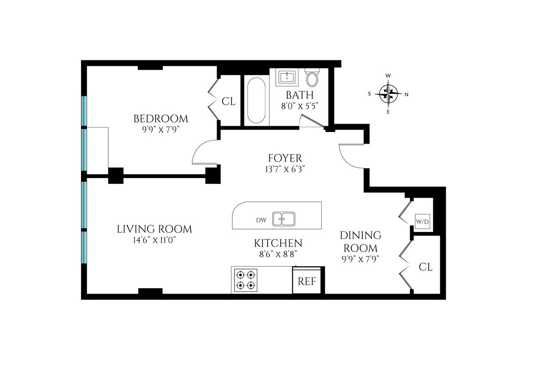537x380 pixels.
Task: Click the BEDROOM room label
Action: (161, 119)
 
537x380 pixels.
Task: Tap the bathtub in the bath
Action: (256, 100)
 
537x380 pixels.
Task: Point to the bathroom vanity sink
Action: (287, 77)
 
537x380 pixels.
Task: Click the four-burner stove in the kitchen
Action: (246, 280)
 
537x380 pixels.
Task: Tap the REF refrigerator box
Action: (307, 281)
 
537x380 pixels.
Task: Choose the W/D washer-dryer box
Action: (422, 222)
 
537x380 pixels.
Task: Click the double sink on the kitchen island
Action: (284, 219)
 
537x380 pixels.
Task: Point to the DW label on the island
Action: (261, 220)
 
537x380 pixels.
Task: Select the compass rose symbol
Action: (388, 94)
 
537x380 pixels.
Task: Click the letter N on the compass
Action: (407, 95)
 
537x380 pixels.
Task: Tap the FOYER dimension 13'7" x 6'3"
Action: (285, 169)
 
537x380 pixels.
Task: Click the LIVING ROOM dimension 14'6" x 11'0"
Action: (154, 240)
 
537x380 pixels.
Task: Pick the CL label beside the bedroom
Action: (229, 102)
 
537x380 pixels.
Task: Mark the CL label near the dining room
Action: (426, 267)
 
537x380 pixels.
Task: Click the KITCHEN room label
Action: (278, 243)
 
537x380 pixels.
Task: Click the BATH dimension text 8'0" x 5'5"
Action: (300, 106)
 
